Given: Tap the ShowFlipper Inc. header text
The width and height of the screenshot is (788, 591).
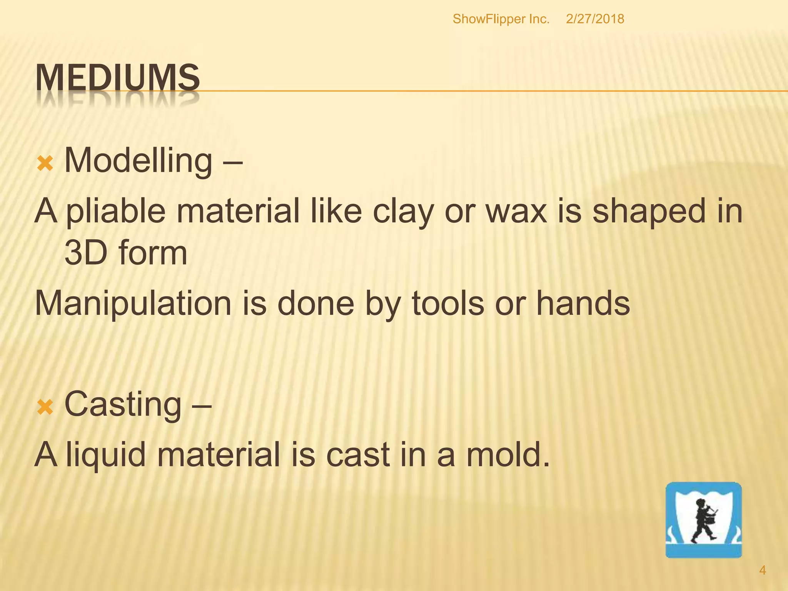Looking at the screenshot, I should click(501, 19).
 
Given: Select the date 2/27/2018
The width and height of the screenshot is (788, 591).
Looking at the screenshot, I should click(595, 19).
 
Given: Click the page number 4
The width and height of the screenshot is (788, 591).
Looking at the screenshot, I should click(762, 570).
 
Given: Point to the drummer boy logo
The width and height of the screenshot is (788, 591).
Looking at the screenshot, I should click(703, 519).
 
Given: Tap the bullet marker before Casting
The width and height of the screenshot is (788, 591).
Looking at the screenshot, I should click(45, 407).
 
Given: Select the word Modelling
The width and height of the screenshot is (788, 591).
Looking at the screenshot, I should click(138, 161).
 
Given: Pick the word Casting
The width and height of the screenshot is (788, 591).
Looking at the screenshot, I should click(123, 404).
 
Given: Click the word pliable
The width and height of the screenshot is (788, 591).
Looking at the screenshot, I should click(115, 212).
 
